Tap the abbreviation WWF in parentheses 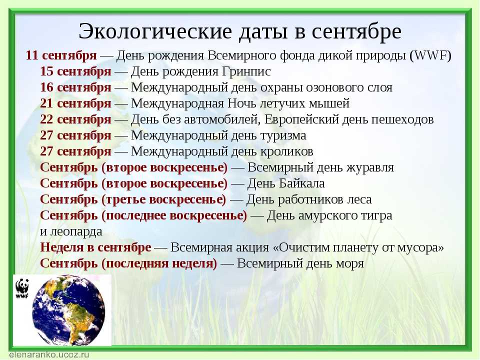point(430,55)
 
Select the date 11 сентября point(61,56)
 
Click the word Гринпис point(246,71)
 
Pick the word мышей point(329,103)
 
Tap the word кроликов point(287,151)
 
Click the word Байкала point(302,183)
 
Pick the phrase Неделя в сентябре point(95,247)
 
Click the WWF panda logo point(22,288)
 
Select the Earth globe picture point(68,310)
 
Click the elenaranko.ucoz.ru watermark point(49,355)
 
